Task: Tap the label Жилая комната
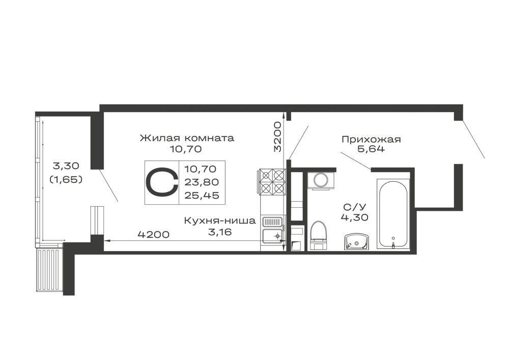click(187, 138)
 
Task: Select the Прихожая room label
click(371, 140)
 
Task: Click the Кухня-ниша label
click(220, 221)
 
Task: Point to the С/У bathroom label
click(354, 207)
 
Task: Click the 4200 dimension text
click(154, 234)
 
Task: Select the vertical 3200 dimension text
click(277, 136)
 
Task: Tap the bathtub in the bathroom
click(393, 214)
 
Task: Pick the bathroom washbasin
click(356, 241)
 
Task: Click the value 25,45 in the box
click(202, 196)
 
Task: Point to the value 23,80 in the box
click(202, 182)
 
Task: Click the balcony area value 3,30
click(66, 166)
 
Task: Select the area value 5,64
click(371, 149)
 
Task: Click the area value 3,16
click(220, 232)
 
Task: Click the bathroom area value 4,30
click(354, 217)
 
